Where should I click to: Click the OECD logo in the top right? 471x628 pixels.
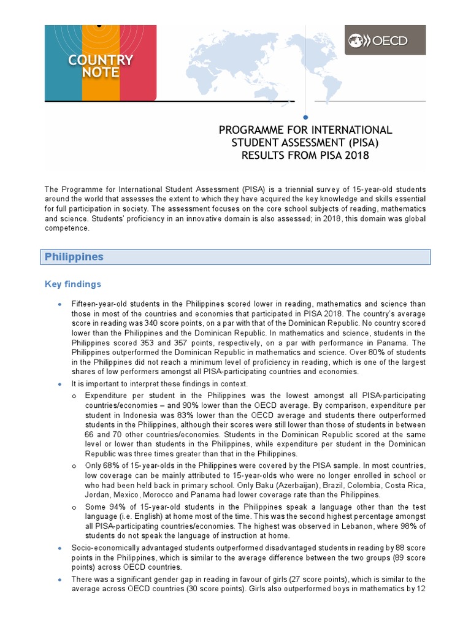[x=385, y=40]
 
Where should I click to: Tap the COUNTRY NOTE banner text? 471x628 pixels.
[x=101, y=66]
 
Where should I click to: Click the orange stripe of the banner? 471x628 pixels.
[x=101, y=86]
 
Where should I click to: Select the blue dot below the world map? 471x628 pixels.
[x=305, y=117]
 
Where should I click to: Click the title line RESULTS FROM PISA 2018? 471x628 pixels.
[x=305, y=155]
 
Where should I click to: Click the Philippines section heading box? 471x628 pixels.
[x=236, y=257]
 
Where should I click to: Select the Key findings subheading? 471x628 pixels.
[x=73, y=285]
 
